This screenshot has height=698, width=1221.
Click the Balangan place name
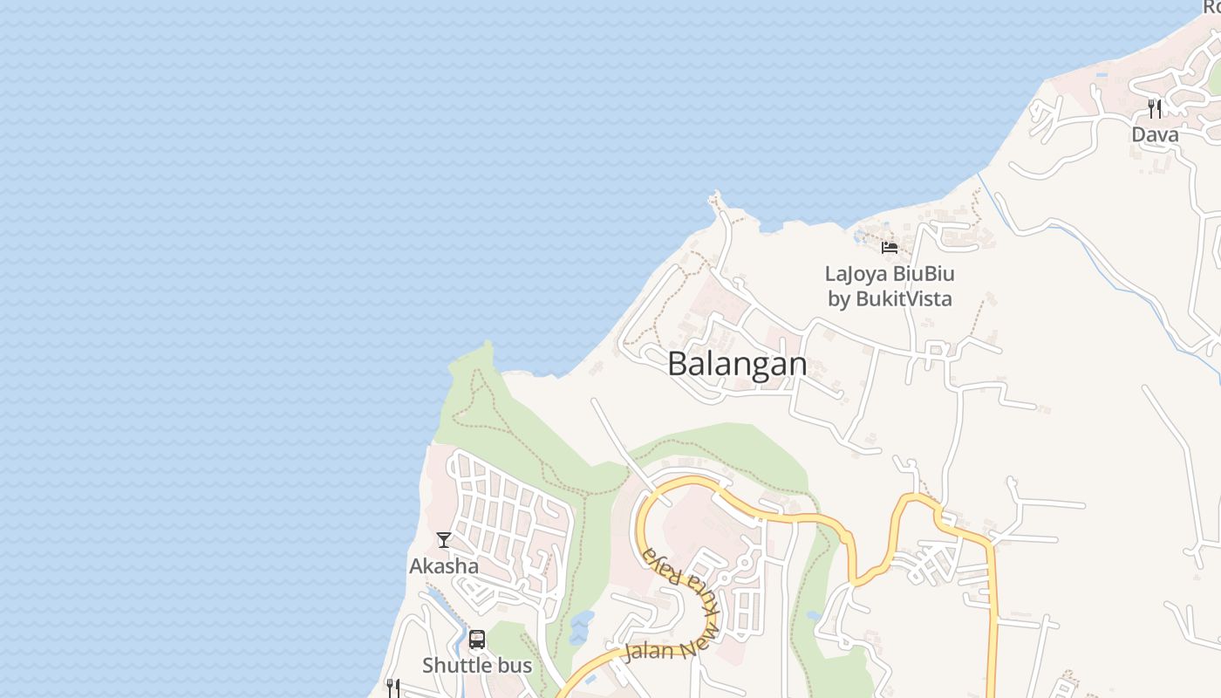(x=737, y=364)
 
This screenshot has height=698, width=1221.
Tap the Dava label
(x=1155, y=134)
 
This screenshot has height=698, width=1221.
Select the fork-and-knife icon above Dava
(x=1155, y=109)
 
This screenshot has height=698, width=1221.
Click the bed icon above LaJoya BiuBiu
(x=890, y=248)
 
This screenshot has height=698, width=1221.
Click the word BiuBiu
(x=924, y=274)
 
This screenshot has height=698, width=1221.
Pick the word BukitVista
(x=904, y=299)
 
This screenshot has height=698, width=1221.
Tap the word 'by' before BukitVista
(x=838, y=299)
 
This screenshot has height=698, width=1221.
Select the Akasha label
(x=444, y=566)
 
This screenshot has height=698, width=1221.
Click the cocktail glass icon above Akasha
(x=444, y=540)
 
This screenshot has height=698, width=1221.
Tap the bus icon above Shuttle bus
(x=477, y=640)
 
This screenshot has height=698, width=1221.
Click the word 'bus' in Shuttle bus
(x=515, y=666)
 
